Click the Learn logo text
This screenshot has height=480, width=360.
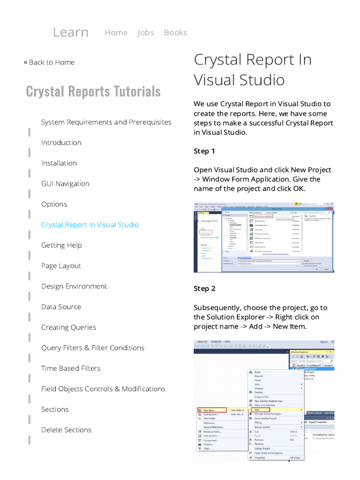point(70,32)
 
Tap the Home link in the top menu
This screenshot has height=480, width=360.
point(116,32)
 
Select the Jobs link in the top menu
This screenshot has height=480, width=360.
point(145,32)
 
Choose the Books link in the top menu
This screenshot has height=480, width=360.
point(175,32)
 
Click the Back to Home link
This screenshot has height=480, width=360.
point(49,62)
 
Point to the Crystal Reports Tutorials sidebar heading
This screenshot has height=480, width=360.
point(93,91)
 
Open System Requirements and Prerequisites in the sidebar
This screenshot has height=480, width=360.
point(106,122)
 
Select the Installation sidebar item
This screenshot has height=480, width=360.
point(59,163)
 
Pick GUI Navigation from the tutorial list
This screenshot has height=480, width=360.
point(65,184)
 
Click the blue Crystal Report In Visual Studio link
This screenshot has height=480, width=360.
point(90,225)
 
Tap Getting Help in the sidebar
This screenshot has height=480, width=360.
point(61,245)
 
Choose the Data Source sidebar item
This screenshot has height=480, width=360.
point(61,307)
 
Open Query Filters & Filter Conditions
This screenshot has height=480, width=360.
point(93,348)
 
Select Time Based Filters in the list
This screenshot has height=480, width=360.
point(71,368)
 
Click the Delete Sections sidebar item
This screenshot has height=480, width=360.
point(66,430)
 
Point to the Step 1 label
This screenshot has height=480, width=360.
point(204,151)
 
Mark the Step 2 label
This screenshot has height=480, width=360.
point(204,289)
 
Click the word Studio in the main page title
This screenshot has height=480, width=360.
point(262,80)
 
